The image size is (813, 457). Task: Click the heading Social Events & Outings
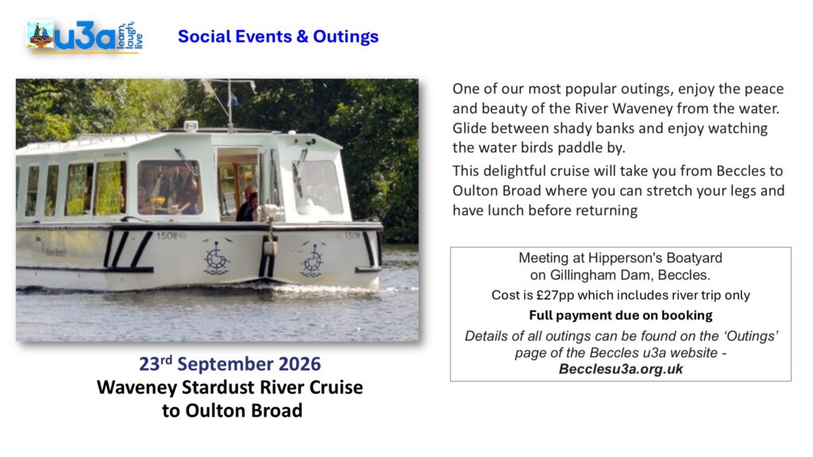(278, 36)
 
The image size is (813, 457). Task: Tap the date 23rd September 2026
(229, 363)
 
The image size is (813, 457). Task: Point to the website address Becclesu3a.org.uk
(621, 369)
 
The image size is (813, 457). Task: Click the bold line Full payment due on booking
(621, 315)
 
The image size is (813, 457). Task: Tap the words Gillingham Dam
(598, 275)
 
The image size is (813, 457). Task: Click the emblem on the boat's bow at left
(217, 257)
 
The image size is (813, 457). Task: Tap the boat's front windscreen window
(318, 187)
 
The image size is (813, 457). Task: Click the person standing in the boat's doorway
(248, 204)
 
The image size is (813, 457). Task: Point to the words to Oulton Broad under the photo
(232, 410)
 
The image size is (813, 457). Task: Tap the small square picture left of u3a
(40, 35)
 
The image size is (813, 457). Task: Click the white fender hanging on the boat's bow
(269, 247)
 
